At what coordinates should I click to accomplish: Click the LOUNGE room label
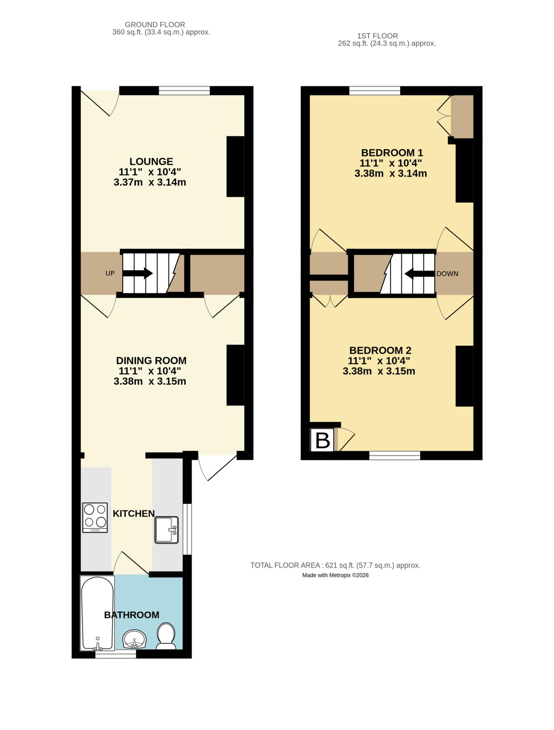tap(151, 161)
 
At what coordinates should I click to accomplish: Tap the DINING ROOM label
tap(151, 360)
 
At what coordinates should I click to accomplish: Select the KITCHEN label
tap(134, 514)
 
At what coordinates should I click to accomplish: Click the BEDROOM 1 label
tap(392, 153)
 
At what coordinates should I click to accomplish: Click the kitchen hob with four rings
tap(95, 518)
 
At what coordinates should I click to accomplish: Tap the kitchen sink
tap(166, 530)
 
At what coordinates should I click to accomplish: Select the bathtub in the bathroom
tap(97, 613)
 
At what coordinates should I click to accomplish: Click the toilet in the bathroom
tap(166, 636)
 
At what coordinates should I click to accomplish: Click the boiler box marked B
tap(323, 441)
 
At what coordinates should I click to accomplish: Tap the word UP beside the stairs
tap(110, 273)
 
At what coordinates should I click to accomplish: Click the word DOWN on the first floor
tap(447, 274)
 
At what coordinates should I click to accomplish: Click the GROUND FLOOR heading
tap(155, 25)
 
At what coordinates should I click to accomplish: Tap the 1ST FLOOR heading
tap(377, 36)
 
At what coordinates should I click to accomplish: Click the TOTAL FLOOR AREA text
tap(335, 565)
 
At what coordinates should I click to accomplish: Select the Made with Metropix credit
tap(335, 575)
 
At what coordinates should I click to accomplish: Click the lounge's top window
tap(184, 91)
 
